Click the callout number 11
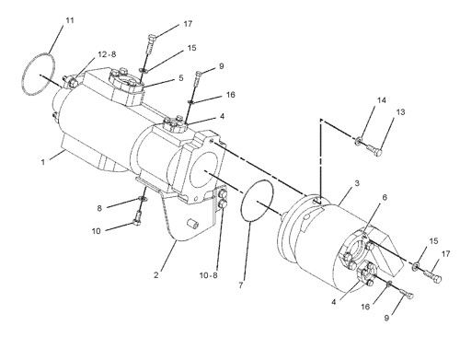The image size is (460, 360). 70,20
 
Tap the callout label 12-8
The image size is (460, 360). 107,54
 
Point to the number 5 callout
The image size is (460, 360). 181,77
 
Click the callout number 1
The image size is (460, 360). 43,162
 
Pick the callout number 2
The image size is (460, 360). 156,274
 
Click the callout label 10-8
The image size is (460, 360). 209,275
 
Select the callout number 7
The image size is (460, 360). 241,285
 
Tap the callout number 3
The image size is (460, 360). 357,183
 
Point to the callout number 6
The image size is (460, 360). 385,197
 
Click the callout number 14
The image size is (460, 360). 382,100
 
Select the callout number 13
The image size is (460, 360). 400,112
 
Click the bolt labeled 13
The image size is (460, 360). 374,150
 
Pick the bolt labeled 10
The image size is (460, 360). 137,218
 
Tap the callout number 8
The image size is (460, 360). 99,208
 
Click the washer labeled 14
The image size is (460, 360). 358,141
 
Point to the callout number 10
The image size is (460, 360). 97,231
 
